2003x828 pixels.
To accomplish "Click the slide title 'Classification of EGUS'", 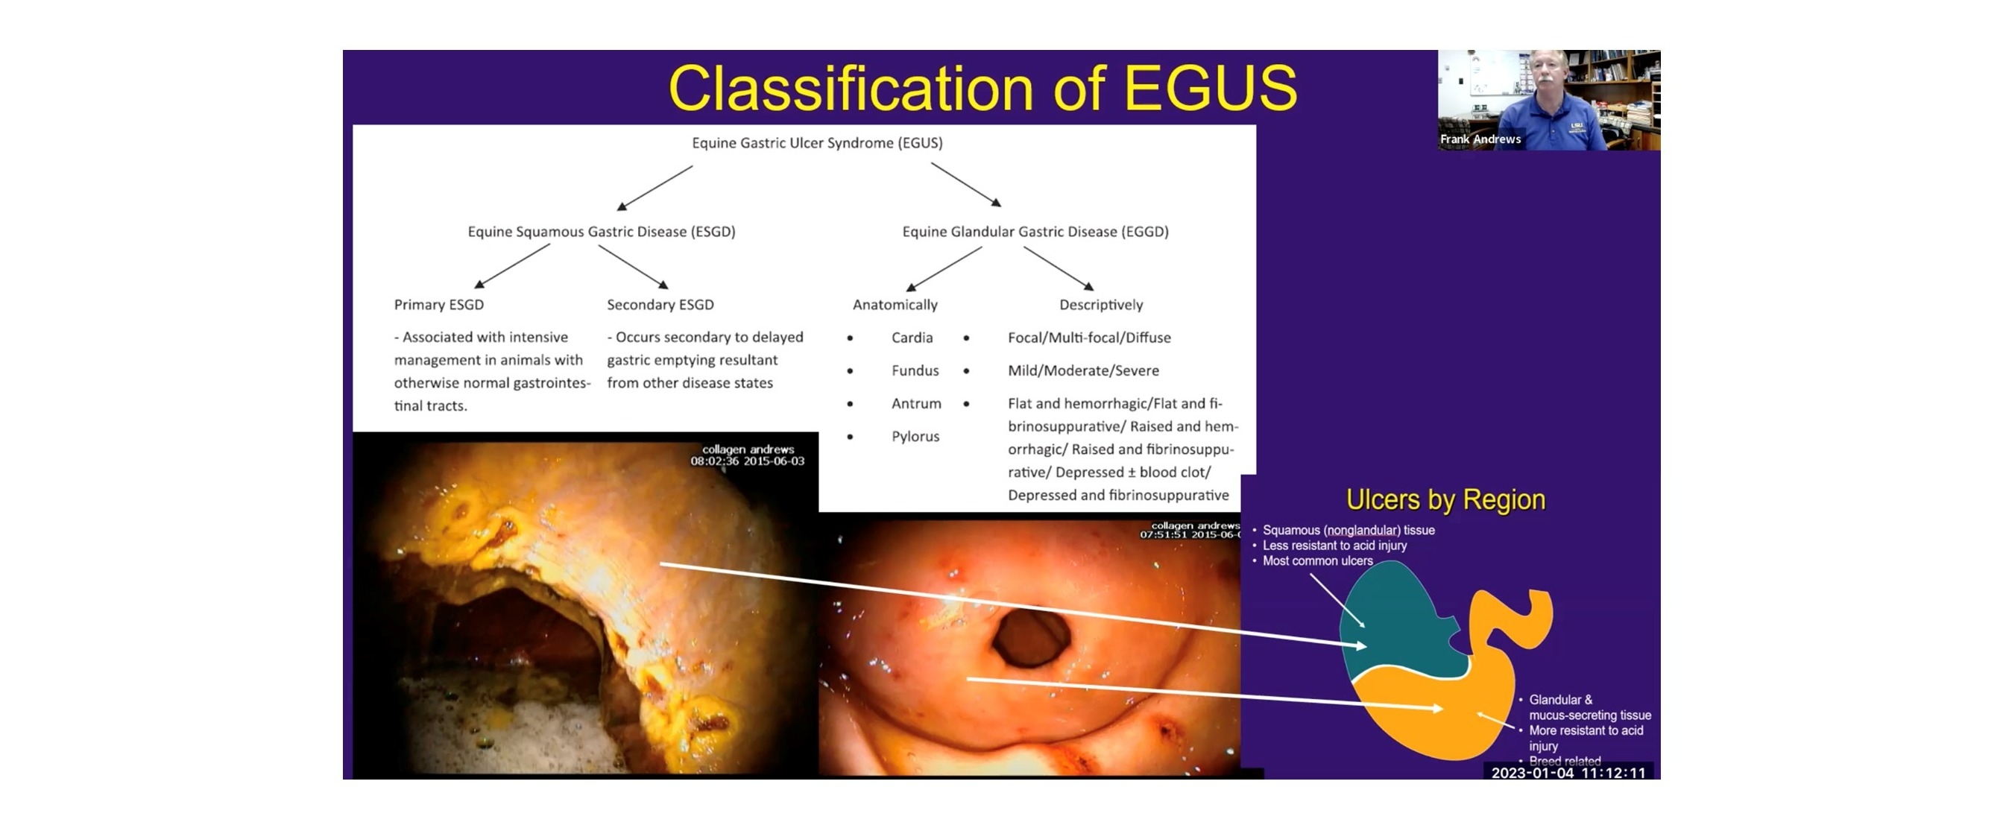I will pyautogui.click(x=982, y=88).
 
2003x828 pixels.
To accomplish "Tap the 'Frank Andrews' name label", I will pyautogui.click(x=1480, y=139).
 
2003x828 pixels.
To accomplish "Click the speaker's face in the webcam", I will pyautogui.click(x=1548, y=74).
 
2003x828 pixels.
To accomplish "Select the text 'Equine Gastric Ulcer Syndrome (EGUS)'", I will pyautogui.click(x=816, y=143).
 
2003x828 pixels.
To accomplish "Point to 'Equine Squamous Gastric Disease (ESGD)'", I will pyautogui.click(x=601, y=232).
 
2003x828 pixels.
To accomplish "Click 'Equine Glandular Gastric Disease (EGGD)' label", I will pyautogui.click(x=1035, y=232).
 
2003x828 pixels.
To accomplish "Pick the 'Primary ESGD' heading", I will pyautogui.click(x=438, y=305).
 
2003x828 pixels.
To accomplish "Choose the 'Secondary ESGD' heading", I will pyautogui.click(x=660, y=305).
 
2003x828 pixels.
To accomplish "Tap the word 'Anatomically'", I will pyautogui.click(x=895, y=305).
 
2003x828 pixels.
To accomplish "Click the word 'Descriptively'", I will pyautogui.click(x=1101, y=305).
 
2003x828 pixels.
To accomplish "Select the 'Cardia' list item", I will pyautogui.click(x=912, y=338).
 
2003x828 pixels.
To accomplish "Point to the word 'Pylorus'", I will pyautogui.click(x=915, y=436).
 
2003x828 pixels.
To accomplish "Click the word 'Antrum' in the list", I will pyautogui.click(x=916, y=403).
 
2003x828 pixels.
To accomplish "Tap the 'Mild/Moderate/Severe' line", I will pyautogui.click(x=1083, y=371).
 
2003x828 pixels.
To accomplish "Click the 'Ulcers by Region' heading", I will pyautogui.click(x=1445, y=500).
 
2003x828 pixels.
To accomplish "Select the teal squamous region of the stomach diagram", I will pyautogui.click(x=1400, y=622).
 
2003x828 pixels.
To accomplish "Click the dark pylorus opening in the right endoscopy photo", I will pyautogui.click(x=1031, y=637).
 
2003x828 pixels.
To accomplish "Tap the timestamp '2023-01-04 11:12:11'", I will pyautogui.click(x=1568, y=773).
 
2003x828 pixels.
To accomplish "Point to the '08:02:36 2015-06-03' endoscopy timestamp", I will pyautogui.click(x=747, y=461).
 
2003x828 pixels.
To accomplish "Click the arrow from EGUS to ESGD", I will pyautogui.click(x=654, y=187).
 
